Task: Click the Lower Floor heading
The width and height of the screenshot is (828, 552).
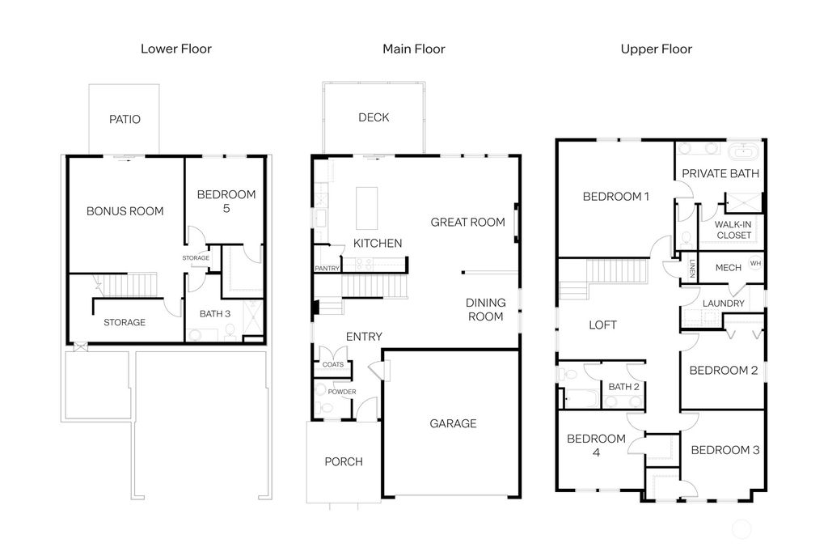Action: click(176, 49)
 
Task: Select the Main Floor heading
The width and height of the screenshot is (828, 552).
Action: click(413, 49)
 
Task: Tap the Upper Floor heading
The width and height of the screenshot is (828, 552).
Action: click(656, 49)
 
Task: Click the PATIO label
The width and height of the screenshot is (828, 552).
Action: click(125, 119)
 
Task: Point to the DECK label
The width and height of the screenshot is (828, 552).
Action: click(374, 117)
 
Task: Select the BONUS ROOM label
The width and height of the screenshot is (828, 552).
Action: click(125, 211)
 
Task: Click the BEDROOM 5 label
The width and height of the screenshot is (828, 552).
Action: click(226, 202)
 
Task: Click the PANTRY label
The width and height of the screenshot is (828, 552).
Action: click(327, 269)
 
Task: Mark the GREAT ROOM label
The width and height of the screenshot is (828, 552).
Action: click(467, 222)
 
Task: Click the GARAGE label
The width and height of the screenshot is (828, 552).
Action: click(453, 423)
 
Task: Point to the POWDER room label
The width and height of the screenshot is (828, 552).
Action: click(341, 392)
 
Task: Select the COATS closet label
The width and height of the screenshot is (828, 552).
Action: click(333, 364)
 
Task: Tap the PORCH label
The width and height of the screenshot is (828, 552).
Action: click(344, 462)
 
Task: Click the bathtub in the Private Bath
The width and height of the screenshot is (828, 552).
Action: click(742, 152)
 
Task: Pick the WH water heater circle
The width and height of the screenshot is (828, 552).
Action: click(755, 263)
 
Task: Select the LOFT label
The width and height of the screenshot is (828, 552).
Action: click(602, 325)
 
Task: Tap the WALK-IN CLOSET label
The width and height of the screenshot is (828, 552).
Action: click(733, 230)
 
